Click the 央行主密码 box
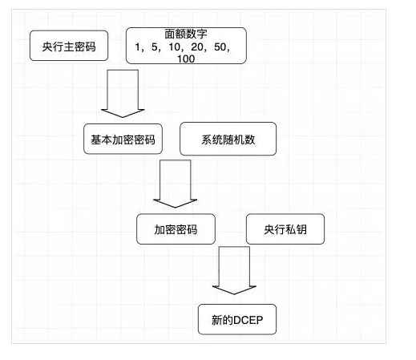click(x=69, y=46)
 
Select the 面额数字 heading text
click(x=186, y=34)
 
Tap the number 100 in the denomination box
click(x=186, y=59)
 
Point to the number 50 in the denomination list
click(x=220, y=47)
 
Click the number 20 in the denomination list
click(x=197, y=47)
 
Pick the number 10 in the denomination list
click(x=175, y=47)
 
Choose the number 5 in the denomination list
click(x=155, y=47)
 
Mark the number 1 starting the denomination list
click(x=138, y=47)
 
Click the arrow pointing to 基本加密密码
click(x=123, y=94)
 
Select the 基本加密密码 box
click(x=123, y=139)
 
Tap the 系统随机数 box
click(x=228, y=139)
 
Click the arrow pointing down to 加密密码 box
click(x=176, y=184)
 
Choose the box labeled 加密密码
click(x=176, y=229)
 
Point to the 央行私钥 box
click(x=285, y=229)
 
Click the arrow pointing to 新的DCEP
click(x=234, y=270)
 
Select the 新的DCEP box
click(x=237, y=319)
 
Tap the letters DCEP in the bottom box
click(x=248, y=320)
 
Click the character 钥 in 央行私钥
click(x=301, y=229)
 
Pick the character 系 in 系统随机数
click(x=207, y=140)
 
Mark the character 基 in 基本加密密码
click(x=96, y=140)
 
